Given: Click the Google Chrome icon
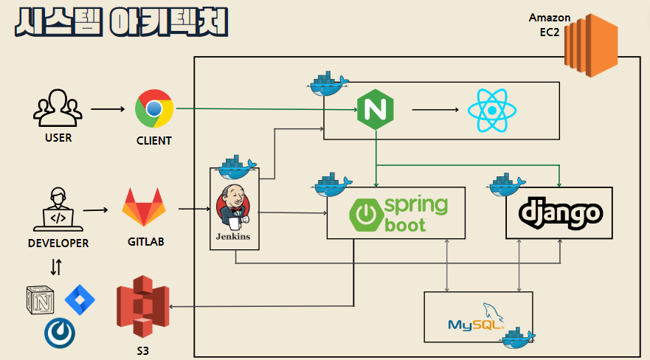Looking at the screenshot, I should [154, 109].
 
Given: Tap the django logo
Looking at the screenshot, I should [560, 213].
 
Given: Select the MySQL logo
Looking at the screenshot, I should [477, 317].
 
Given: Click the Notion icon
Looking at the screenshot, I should [40, 302].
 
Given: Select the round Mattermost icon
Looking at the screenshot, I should [60, 333].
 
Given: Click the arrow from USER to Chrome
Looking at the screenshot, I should [108, 110].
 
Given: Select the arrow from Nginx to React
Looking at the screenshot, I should [432, 111].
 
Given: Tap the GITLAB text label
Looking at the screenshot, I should [145, 241].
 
